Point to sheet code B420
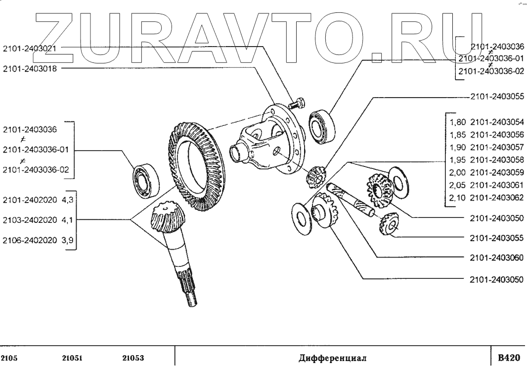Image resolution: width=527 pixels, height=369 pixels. (x=509, y=358)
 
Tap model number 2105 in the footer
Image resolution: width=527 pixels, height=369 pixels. (x=9, y=358)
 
